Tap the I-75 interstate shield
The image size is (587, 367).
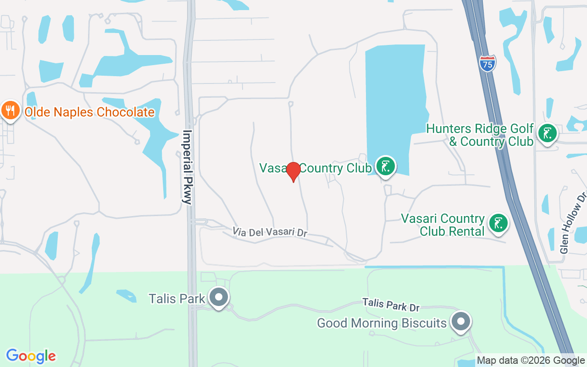[487, 63]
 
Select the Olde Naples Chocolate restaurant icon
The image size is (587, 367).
[10, 111]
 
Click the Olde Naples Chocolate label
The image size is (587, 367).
[89, 112]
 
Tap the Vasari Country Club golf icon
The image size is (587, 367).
[386, 166]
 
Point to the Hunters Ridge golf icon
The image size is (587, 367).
[547, 133]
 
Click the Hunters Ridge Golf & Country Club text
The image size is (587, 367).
[480, 135]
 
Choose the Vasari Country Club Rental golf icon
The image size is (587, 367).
[498, 223]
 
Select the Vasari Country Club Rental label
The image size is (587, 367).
[443, 225]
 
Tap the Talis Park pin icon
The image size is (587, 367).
[219, 297]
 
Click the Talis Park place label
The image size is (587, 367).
[177, 299]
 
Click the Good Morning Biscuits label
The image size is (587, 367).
[382, 323]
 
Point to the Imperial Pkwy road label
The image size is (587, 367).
[188, 167]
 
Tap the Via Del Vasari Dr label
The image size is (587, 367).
[270, 232]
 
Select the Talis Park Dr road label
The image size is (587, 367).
[391, 305]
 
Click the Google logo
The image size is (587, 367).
[31, 356]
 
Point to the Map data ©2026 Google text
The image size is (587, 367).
[530, 361]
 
